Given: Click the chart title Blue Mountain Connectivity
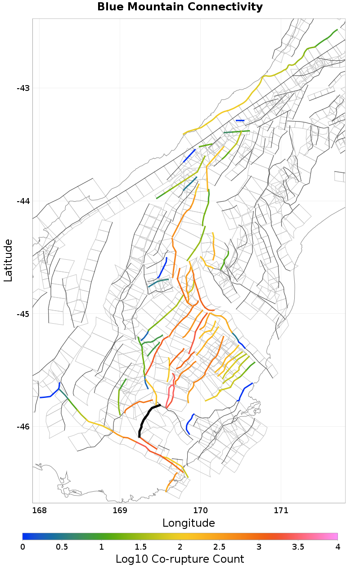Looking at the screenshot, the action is click(180, 7).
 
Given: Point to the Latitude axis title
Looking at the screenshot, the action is click(8, 260).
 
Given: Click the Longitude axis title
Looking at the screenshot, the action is click(189, 523).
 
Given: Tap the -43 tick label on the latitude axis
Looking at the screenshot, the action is click(23, 88).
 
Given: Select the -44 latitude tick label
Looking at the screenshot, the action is click(23, 201).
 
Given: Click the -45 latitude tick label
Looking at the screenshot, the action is click(23, 314).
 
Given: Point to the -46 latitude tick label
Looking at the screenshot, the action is click(23, 427).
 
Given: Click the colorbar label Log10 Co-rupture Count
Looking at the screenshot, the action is click(180, 559).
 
